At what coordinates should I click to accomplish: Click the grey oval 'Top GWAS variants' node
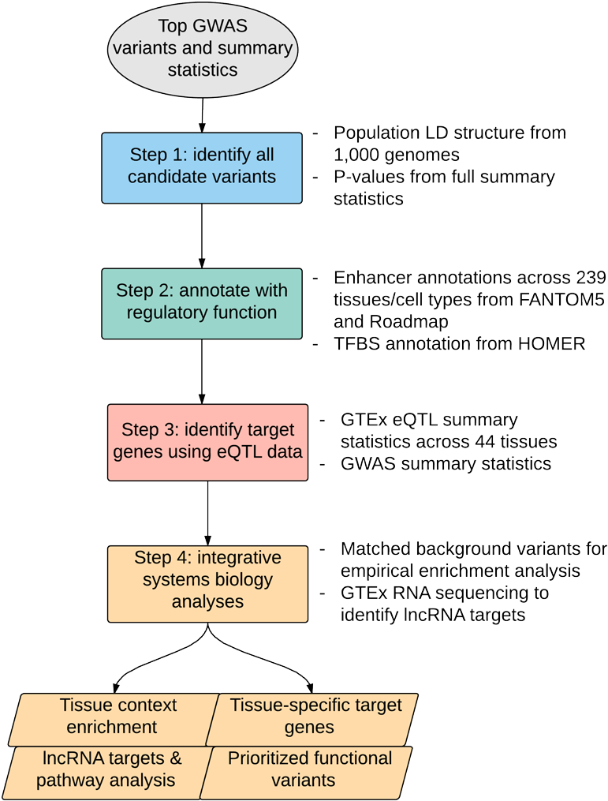pos(202,49)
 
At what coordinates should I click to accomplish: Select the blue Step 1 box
pos(202,167)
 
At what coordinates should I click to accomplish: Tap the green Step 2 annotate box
pos(202,303)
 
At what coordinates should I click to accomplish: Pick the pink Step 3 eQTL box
pos(207,442)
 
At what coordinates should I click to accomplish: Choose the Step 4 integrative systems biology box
pos(207,582)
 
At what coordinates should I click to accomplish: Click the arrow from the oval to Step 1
pos(202,118)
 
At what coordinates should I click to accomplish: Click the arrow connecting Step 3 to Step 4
pos(207,513)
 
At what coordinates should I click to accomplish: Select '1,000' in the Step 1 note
pos(357,154)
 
